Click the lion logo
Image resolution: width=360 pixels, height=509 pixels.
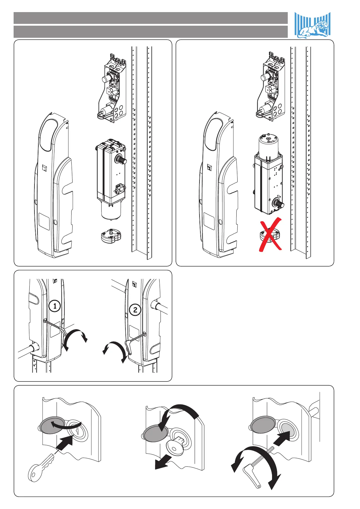[313, 26]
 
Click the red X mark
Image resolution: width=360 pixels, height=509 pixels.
[270, 235]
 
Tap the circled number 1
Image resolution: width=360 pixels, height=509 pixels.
[55, 306]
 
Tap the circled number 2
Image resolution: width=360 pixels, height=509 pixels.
[135, 310]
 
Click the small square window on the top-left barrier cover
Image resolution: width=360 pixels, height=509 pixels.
[44, 167]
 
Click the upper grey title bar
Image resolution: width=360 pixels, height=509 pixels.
[151, 18]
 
